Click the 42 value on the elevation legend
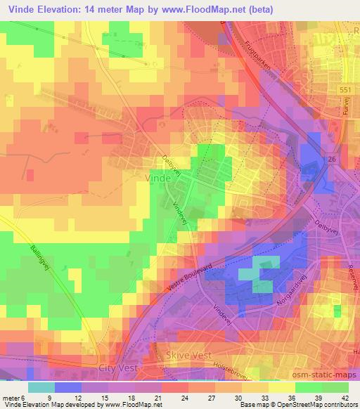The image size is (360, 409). point(340,397)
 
